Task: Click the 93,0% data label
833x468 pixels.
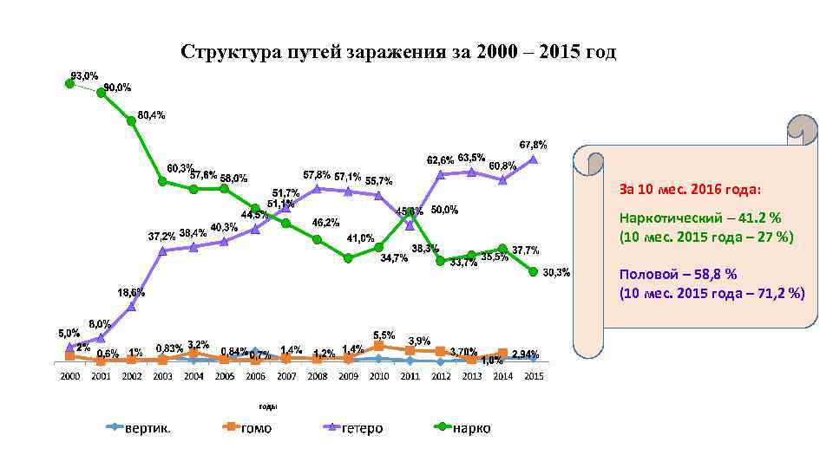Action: point(84,75)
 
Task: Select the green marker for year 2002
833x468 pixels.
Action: point(132,120)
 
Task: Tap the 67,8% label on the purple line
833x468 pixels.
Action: point(533,144)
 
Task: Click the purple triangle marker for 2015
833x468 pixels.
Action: point(534,159)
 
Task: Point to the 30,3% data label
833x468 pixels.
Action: point(556,273)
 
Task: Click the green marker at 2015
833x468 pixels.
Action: point(534,271)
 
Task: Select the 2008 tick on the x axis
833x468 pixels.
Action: point(318,376)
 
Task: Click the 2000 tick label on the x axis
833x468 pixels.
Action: point(69,376)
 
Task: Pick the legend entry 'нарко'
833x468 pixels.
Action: point(471,428)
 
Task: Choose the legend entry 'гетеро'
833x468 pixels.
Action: point(362,428)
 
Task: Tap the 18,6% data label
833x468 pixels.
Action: point(132,292)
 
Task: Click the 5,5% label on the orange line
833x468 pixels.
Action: point(384,335)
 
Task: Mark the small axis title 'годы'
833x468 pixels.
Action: point(268,406)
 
